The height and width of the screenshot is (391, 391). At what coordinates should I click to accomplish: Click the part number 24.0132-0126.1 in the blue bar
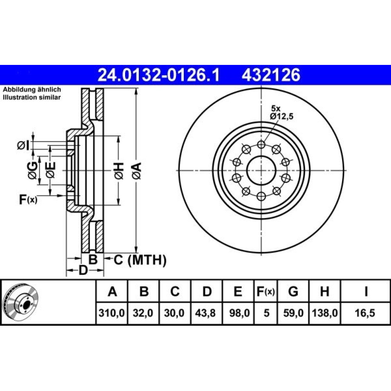coord(158,75)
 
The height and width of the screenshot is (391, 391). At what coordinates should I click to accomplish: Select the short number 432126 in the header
coord(271,75)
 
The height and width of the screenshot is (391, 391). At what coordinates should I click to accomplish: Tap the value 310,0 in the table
coord(111,313)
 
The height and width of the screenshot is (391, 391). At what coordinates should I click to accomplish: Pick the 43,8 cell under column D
coord(206,313)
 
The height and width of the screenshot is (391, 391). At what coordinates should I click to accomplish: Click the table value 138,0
coord(325,313)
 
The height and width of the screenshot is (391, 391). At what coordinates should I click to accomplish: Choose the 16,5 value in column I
coord(365,313)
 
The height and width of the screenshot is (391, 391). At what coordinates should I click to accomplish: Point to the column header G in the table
coord(293,291)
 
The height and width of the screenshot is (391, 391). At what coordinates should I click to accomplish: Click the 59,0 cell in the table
coord(293,313)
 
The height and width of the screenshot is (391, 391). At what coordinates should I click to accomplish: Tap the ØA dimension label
coord(137,170)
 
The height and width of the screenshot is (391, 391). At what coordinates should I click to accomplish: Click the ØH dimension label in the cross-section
coord(119,170)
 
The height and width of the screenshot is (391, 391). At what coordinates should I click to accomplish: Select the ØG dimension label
coord(33,170)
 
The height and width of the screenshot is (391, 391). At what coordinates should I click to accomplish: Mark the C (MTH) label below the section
coord(140,260)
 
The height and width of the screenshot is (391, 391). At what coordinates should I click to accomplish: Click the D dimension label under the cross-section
coord(83,270)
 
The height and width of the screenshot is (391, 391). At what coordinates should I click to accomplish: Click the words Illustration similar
coord(32,97)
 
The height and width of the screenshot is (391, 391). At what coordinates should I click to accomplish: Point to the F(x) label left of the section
coord(28,199)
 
